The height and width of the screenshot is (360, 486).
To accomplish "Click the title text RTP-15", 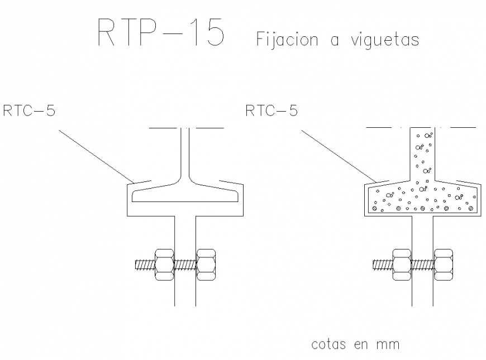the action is click(161, 33).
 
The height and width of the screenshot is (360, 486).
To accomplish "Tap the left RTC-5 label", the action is click(29, 111).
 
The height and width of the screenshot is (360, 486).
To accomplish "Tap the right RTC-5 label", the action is click(271, 111).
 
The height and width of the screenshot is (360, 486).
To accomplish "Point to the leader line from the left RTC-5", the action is click(95, 156).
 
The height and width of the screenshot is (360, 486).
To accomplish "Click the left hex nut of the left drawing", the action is click(164, 263).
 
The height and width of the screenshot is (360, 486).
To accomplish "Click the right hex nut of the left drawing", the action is click(207, 263).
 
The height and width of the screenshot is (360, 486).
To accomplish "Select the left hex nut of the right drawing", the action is click(401, 263).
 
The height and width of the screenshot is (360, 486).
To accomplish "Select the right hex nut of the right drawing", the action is click(444, 263).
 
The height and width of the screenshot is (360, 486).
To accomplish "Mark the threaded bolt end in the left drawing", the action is click(143, 264).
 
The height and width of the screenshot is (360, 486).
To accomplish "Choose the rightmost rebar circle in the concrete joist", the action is click(471, 208).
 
